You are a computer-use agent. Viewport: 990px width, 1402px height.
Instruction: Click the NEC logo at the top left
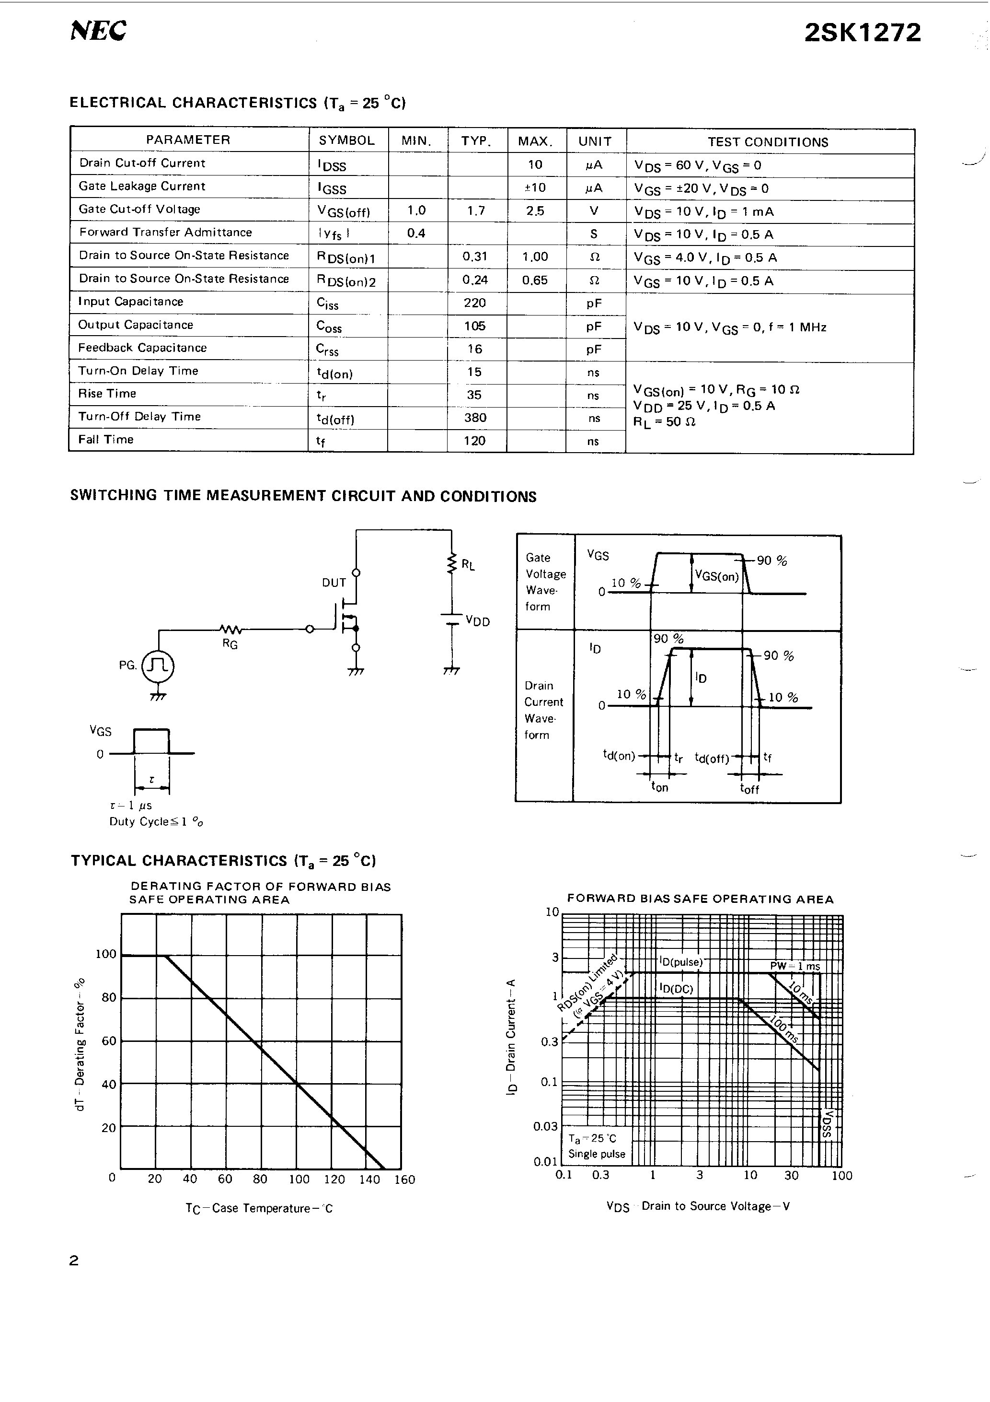(x=98, y=31)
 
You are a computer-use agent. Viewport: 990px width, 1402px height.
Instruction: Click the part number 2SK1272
(x=862, y=32)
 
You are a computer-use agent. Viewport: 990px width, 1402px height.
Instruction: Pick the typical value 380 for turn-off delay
(x=475, y=418)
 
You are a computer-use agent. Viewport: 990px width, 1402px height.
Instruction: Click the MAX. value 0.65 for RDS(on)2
(x=535, y=280)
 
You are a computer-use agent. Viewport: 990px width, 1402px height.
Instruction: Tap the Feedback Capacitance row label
(x=142, y=348)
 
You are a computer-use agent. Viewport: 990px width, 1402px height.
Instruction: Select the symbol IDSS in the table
(x=332, y=165)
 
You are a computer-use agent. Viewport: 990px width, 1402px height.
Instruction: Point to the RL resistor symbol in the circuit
(x=452, y=563)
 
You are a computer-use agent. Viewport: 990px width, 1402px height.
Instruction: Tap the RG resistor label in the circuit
(x=230, y=644)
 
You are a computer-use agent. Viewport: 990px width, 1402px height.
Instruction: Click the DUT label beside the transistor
(x=334, y=583)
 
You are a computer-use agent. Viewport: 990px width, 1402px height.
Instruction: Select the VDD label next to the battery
(x=477, y=621)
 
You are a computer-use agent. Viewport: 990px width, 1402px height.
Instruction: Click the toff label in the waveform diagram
(x=749, y=788)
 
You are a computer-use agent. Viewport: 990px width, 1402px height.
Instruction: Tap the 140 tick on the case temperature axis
(x=369, y=1180)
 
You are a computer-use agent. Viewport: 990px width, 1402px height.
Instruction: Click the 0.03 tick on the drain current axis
(x=545, y=1126)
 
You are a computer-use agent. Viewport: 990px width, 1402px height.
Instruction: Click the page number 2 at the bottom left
(x=74, y=1260)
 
